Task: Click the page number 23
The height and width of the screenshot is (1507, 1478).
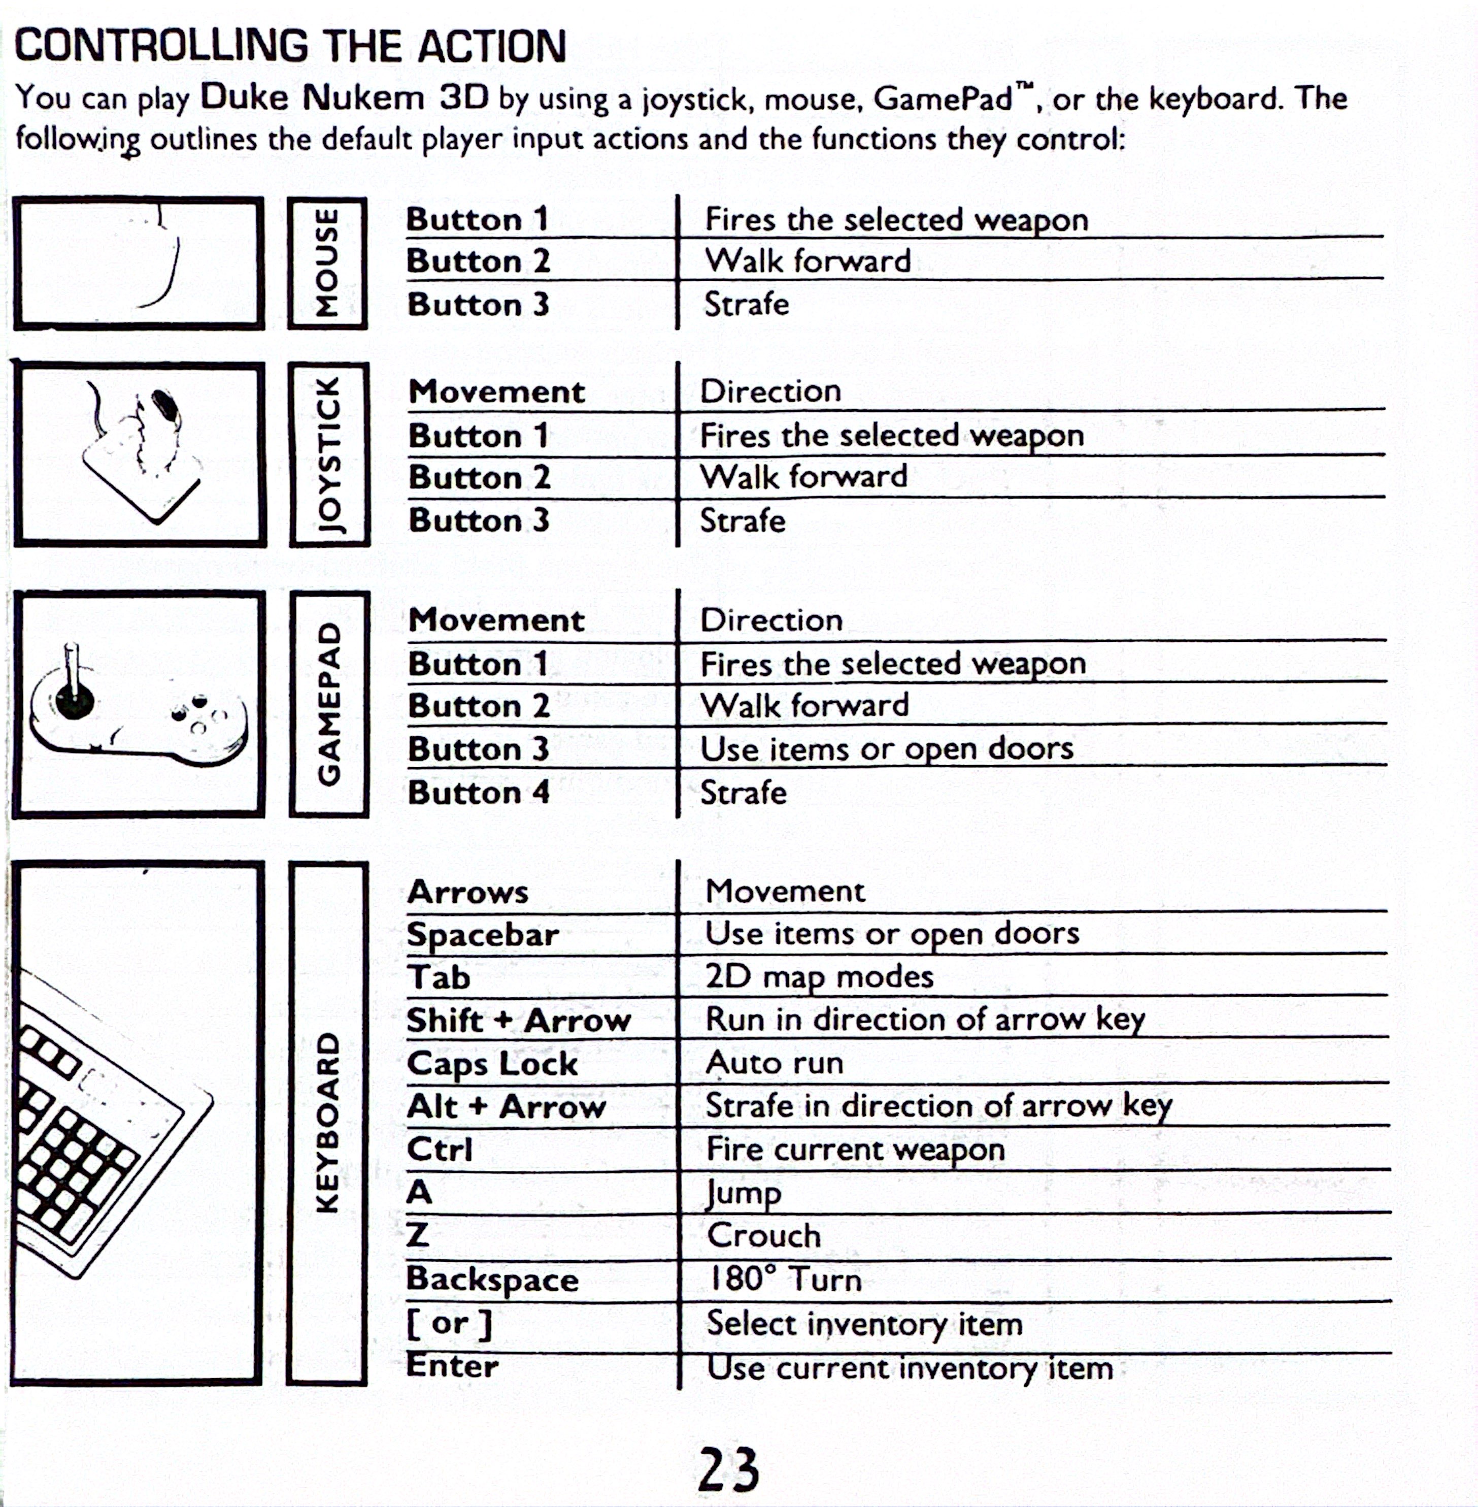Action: coord(728,1468)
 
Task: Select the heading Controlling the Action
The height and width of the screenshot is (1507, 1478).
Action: coord(290,47)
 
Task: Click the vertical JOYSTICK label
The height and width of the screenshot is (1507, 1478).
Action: coord(329,454)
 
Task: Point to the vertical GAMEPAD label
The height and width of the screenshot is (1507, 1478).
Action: coord(329,703)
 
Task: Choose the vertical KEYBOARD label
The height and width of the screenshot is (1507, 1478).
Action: coord(327,1122)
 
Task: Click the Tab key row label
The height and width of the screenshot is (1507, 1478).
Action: coord(439,977)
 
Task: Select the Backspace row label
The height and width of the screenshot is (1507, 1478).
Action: coord(492,1279)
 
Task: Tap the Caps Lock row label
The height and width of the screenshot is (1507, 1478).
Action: coord(492,1063)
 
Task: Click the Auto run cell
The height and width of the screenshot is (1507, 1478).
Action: coord(774,1062)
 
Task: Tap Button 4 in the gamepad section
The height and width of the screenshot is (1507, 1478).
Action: coord(478,793)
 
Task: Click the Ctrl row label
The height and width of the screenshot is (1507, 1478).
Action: coord(440,1149)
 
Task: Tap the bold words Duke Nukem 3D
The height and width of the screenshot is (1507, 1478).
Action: coord(345,98)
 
